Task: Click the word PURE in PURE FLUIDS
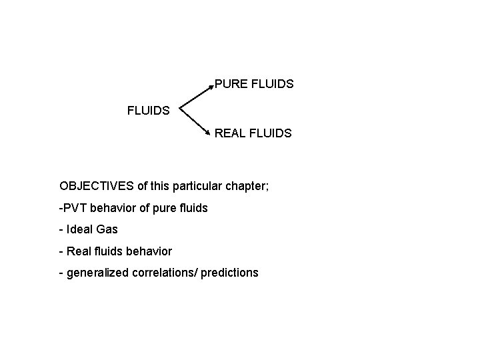(x=231, y=85)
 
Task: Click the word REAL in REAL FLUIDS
(x=230, y=133)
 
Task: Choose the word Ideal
(x=80, y=229)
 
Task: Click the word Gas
(x=107, y=229)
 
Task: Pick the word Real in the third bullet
(x=77, y=251)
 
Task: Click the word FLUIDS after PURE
(x=272, y=85)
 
